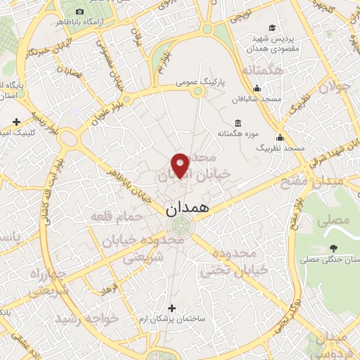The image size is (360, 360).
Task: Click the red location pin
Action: (181, 165)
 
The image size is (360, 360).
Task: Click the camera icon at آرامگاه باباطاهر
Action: (79, 12)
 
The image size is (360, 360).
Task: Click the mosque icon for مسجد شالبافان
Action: (257, 88)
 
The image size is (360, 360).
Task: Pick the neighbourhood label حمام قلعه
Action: (117, 217)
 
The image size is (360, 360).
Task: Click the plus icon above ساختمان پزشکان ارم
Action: (172, 308)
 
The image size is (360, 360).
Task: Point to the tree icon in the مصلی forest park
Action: (332, 248)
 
